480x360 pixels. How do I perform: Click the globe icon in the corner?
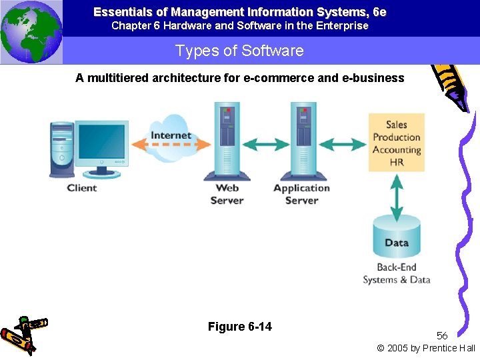tap(31, 31)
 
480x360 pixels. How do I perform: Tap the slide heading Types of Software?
tap(239, 51)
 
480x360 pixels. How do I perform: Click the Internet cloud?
tap(171, 138)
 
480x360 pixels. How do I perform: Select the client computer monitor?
tap(101, 143)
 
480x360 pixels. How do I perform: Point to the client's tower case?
tap(61, 149)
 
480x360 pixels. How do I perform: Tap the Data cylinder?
tap(396, 237)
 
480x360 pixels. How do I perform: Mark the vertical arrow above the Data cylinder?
tap(397, 194)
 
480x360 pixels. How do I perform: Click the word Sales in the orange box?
tap(397, 125)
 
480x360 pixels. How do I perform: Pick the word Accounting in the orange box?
tap(397, 150)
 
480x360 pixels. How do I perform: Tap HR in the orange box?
tap(397, 162)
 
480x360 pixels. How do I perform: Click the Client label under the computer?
tap(82, 188)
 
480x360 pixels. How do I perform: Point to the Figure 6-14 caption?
tap(240, 327)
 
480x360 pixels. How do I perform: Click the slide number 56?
tap(442, 335)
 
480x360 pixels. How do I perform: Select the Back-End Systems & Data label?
tap(397, 274)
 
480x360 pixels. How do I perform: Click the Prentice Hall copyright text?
tap(426, 348)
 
